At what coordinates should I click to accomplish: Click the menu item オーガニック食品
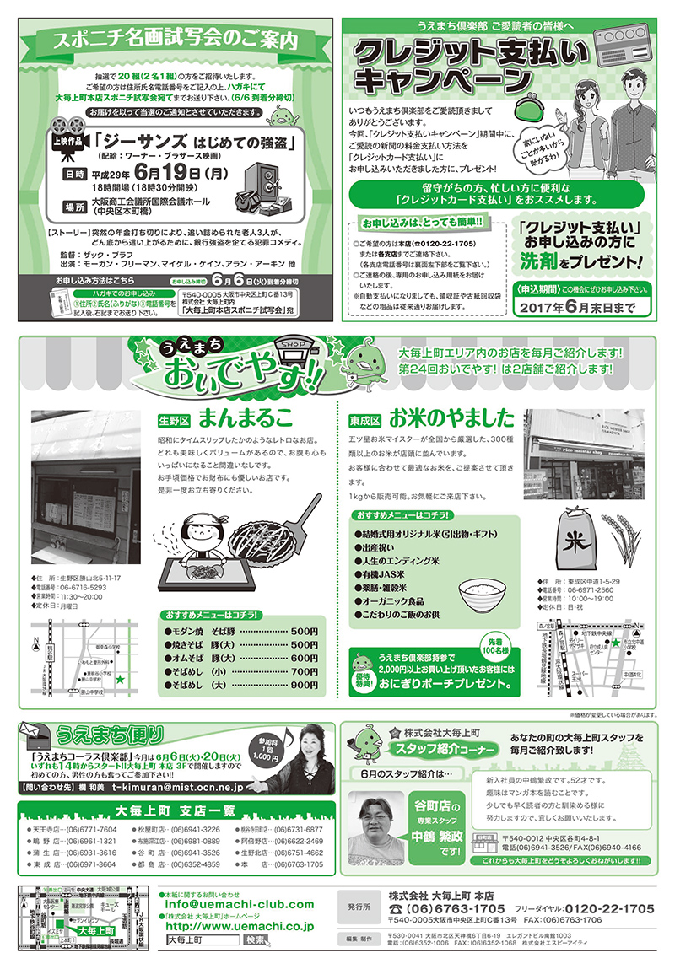point(397,601)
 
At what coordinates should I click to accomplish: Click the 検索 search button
point(256,939)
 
